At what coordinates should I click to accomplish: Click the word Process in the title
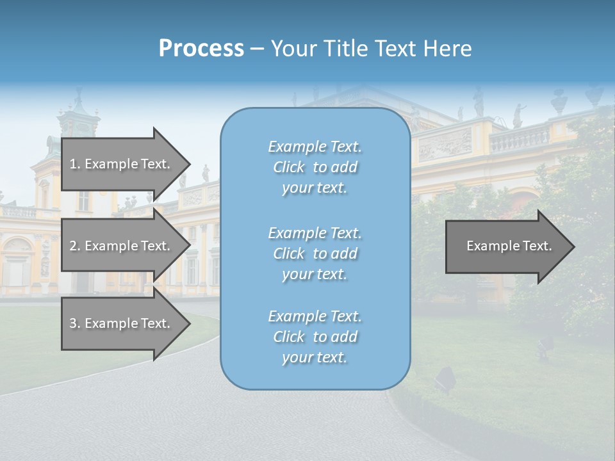(x=201, y=49)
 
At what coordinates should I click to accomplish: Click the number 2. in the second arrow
(x=75, y=246)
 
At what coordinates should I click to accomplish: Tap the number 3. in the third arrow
(x=75, y=323)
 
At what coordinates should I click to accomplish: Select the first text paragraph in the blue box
(x=315, y=167)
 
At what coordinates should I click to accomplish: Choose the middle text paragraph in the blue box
(x=315, y=254)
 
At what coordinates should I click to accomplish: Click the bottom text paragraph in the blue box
(x=315, y=337)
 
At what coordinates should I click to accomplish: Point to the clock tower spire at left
(x=78, y=99)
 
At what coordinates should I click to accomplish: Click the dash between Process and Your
(x=257, y=49)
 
